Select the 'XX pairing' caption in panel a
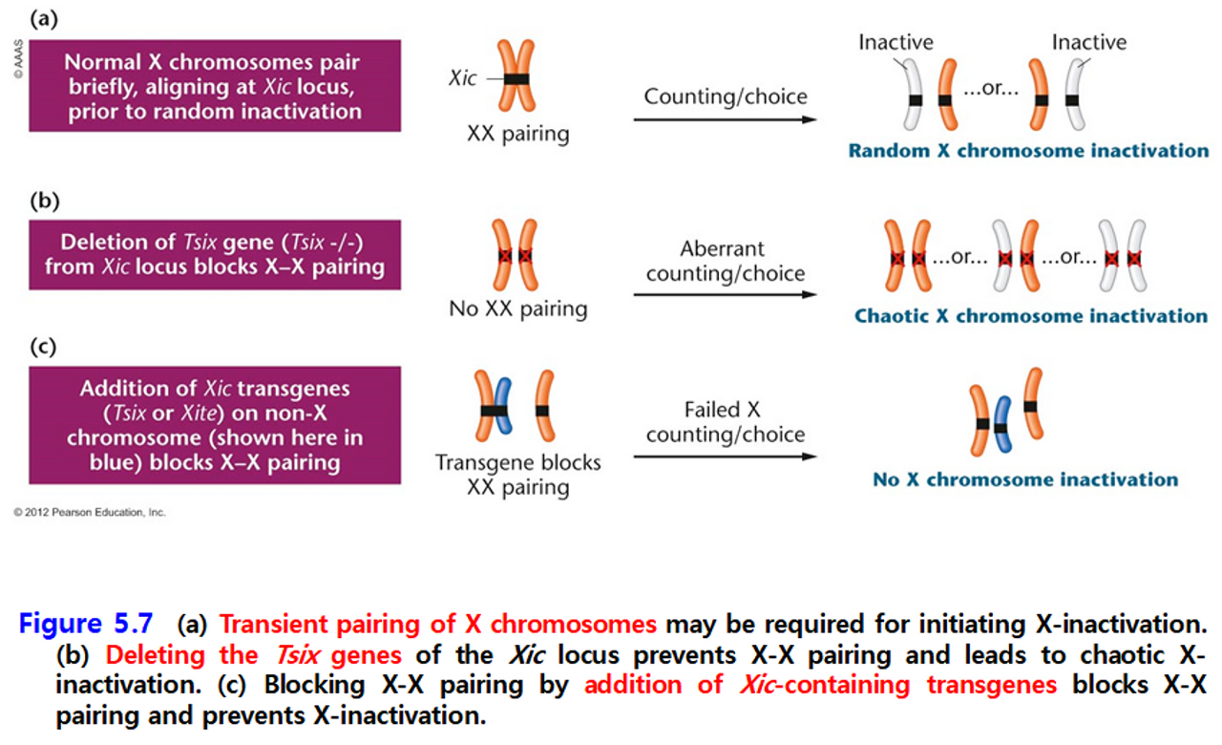point(517,133)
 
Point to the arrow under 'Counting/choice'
point(725,120)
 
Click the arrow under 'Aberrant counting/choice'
point(725,294)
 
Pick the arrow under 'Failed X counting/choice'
point(725,457)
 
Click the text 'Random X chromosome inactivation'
point(1028,151)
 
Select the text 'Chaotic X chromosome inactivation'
point(1031,316)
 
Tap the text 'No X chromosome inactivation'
point(1025,479)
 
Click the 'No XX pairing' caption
point(517,309)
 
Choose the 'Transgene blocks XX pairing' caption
point(517,475)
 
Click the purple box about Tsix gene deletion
point(215,254)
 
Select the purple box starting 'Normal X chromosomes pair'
point(215,86)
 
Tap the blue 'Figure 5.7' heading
point(85,624)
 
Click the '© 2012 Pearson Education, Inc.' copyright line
point(90,513)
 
